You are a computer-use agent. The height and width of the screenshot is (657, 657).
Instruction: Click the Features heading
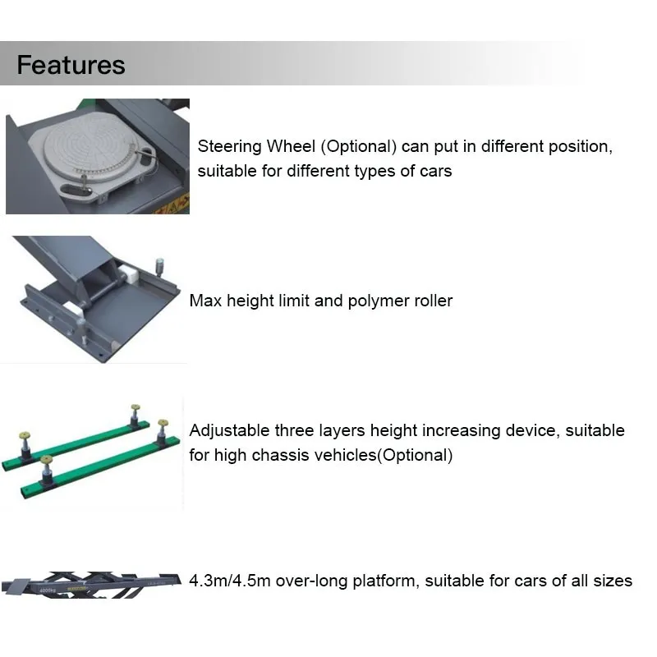[x=71, y=65]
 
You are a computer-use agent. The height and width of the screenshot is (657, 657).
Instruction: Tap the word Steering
[x=230, y=147]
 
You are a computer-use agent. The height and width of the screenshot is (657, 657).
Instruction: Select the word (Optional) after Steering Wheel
[x=359, y=147]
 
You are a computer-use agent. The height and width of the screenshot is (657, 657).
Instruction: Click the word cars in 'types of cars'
[x=435, y=171]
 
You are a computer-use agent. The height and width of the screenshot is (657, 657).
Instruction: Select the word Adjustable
[x=230, y=431]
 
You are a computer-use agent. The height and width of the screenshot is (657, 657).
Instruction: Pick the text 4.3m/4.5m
[x=230, y=581]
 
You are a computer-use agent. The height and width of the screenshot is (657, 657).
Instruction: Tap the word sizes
[x=613, y=581]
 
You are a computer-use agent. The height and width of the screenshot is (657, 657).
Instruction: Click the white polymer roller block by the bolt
[x=130, y=275]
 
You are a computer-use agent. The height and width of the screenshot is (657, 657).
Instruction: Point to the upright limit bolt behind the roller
[x=159, y=268]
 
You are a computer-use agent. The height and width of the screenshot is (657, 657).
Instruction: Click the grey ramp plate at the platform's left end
[x=16, y=585]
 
